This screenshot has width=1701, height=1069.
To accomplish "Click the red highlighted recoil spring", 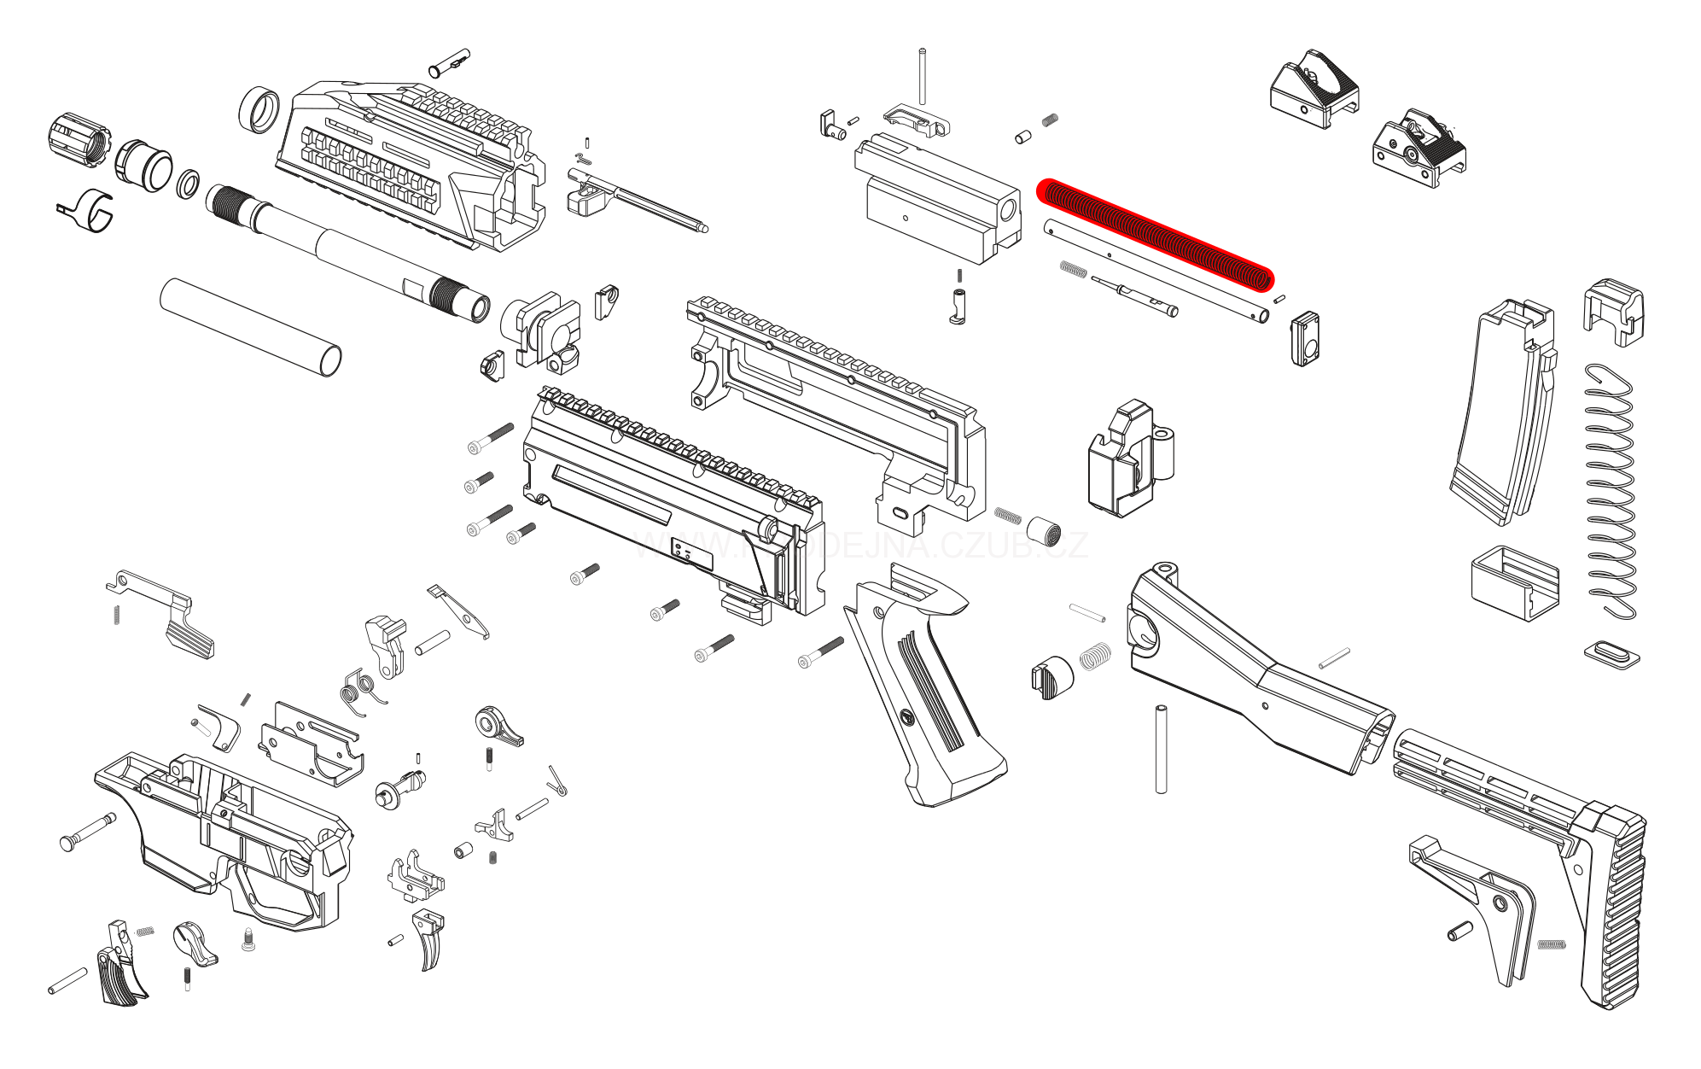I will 1155,234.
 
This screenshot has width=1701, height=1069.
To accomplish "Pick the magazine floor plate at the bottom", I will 1612,655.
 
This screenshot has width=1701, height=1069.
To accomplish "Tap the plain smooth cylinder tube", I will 250,325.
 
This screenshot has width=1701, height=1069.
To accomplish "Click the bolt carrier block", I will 939,201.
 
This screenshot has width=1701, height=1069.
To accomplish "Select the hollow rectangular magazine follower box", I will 1514,582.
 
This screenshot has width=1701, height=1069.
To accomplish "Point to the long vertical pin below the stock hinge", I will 1161,750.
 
